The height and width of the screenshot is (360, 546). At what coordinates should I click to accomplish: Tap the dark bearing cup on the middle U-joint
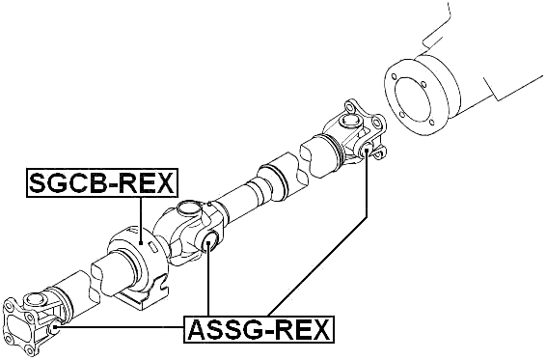(209, 242)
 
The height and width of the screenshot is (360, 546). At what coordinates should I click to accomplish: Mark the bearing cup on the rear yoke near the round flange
(369, 152)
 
